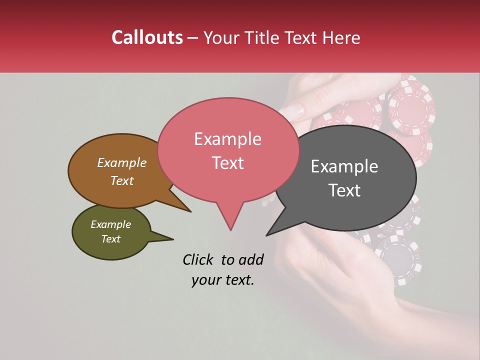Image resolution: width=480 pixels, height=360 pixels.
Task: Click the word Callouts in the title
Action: click(x=147, y=37)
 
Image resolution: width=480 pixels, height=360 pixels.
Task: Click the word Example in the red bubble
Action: click(x=227, y=139)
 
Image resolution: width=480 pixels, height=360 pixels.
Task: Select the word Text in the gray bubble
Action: click(x=344, y=190)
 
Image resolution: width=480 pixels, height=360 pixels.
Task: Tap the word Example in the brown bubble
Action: click(x=121, y=163)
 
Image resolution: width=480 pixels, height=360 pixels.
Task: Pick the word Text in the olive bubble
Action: click(x=110, y=239)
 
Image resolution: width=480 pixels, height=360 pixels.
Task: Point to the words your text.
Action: click(x=222, y=280)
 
